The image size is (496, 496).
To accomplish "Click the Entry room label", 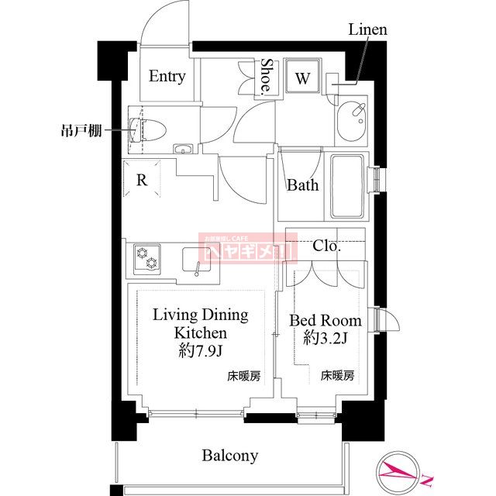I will [167, 76].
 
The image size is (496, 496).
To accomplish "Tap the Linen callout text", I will [367, 30].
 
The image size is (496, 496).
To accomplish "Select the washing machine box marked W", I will [303, 77].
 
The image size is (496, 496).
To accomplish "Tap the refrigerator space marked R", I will [142, 181].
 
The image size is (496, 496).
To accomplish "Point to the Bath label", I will [302, 185].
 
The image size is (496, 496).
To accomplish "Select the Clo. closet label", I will [326, 246].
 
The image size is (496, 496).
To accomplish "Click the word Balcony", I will [230, 456].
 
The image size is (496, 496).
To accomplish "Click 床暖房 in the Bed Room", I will [338, 377].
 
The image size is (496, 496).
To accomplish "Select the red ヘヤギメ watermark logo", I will [247, 248].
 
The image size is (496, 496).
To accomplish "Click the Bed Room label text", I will [325, 320].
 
